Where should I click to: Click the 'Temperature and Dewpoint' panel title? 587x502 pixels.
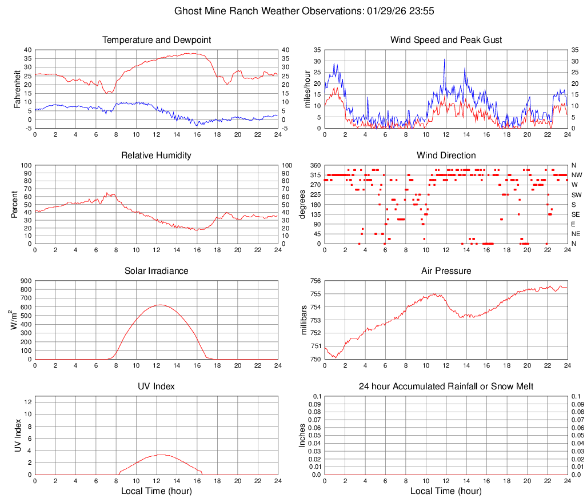coord(157,40)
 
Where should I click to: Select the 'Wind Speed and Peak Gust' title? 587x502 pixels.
coord(446,40)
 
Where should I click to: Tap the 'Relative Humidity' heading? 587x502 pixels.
coord(157,156)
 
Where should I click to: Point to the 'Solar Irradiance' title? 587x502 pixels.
coord(157,271)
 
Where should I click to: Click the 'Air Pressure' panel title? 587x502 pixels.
coord(446,271)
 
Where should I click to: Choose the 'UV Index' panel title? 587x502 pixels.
coord(157,387)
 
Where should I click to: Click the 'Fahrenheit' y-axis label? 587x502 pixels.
coord(16,89)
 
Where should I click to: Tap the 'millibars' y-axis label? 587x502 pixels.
coord(305,320)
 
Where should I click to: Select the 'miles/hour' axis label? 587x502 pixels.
coord(307,89)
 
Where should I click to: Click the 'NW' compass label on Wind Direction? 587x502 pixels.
coord(576,175)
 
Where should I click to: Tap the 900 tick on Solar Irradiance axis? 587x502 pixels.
coord(25,281)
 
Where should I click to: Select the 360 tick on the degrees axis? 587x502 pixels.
coord(314,165)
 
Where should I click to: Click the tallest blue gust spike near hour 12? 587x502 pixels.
coord(444,59)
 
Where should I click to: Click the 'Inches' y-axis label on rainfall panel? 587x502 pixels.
coord(303,436)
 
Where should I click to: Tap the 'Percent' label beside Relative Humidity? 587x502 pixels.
coord(16,205)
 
